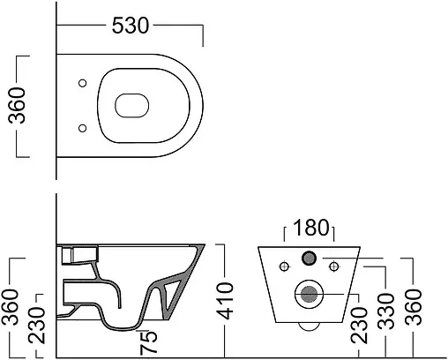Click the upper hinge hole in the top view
tap(81, 84)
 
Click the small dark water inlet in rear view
tap(308, 259)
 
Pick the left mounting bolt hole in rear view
tap(283, 264)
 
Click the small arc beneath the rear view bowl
tap(308, 326)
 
